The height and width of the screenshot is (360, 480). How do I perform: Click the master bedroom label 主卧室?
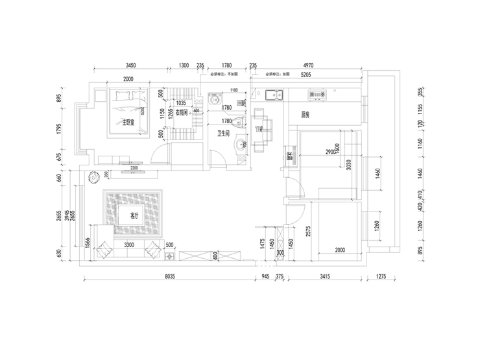pos(125,121)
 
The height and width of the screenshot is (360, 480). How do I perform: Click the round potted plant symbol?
pos(93,174)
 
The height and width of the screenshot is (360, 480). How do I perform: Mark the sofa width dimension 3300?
pos(128,245)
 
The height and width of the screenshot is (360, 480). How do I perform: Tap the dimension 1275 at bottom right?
pos(380,276)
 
